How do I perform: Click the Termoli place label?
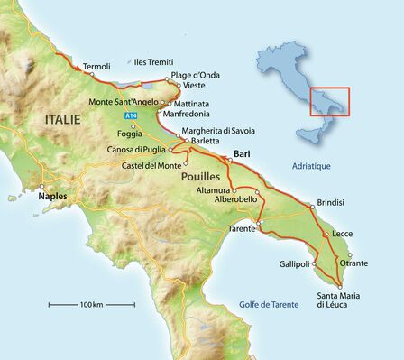click(96, 67)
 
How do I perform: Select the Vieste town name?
click(195, 85)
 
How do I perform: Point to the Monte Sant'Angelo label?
click(124, 102)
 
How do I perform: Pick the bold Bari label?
click(242, 155)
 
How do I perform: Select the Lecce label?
click(342, 234)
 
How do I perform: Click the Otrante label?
click(353, 263)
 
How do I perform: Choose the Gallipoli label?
click(292, 263)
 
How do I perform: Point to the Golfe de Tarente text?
click(264, 304)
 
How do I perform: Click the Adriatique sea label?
click(311, 167)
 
